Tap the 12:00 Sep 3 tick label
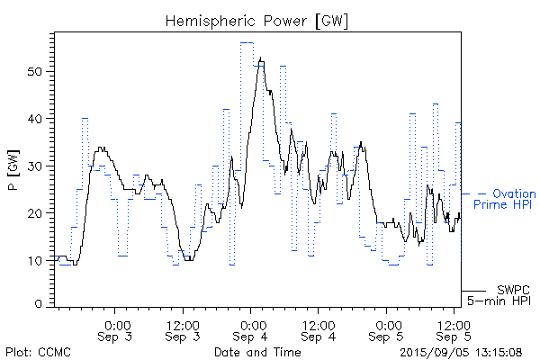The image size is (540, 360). [183, 330]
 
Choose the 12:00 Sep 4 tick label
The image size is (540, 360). [319, 330]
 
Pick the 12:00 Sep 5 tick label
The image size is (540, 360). [454, 330]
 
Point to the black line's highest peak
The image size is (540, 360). [261, 58]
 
